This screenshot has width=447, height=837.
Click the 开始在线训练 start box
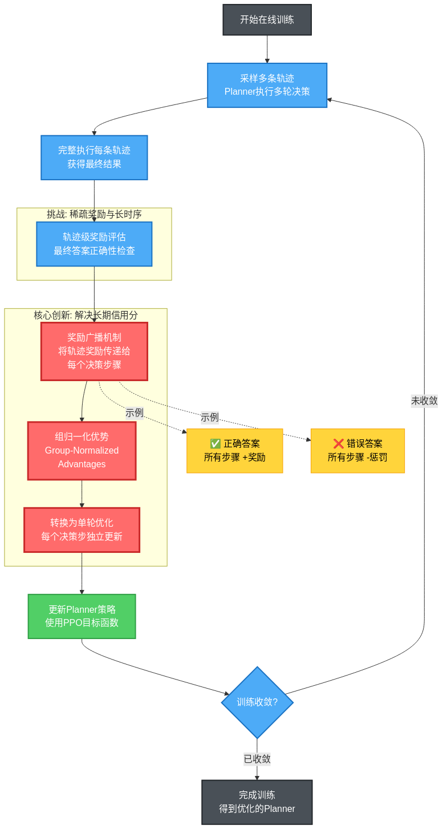tap(267, 20)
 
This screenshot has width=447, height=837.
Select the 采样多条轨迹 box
tap(267, 85)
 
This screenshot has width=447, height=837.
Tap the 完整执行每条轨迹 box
tap(94, 157)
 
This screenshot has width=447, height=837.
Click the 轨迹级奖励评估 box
tap(94, 244)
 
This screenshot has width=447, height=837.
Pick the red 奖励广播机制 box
tap(94, 351)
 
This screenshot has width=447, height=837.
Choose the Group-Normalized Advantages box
tap(82, 451)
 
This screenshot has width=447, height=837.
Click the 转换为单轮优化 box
tap(82, 530)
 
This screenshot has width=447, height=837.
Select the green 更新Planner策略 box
tap(82, 616)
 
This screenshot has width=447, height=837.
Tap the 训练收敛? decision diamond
tap(257, 702)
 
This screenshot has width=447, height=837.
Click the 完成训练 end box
tap(257, 802)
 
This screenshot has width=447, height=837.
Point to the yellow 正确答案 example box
tap(234, 451)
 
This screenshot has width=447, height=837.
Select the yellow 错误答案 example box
tap(357, 451)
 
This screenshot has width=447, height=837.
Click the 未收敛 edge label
tap(424, 401)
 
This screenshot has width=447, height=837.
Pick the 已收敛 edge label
tap(257, 759)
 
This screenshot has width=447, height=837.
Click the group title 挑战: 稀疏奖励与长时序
tap(94, 215)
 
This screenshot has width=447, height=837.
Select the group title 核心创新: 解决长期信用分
tap(86, 315)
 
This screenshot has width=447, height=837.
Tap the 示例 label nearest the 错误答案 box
tap(210, 417)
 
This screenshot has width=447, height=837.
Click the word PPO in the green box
tap(72, 623)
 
